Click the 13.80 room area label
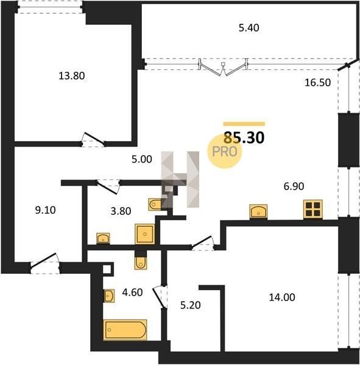pos(72,76)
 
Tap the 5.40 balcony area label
pos(249,28)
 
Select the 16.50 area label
pos(318,83)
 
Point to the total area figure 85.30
pos(244,137)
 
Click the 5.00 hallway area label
pos(142,159)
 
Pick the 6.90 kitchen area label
pos(294,187)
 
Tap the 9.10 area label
pos(45,210)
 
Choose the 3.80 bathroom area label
pos(121,211)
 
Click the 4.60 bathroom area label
pos(132,293)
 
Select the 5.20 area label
pos(191,305)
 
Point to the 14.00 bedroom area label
pos(282,297)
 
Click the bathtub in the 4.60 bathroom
pos(125,330)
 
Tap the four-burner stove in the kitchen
pos(313,209)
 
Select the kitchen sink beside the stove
pos(258,212)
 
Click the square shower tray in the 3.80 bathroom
pos(145,234)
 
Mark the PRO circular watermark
pos(225,151)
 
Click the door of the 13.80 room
pos(93,139)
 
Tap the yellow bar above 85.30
pos(244,124)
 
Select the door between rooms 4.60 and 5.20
pos(160,297)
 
